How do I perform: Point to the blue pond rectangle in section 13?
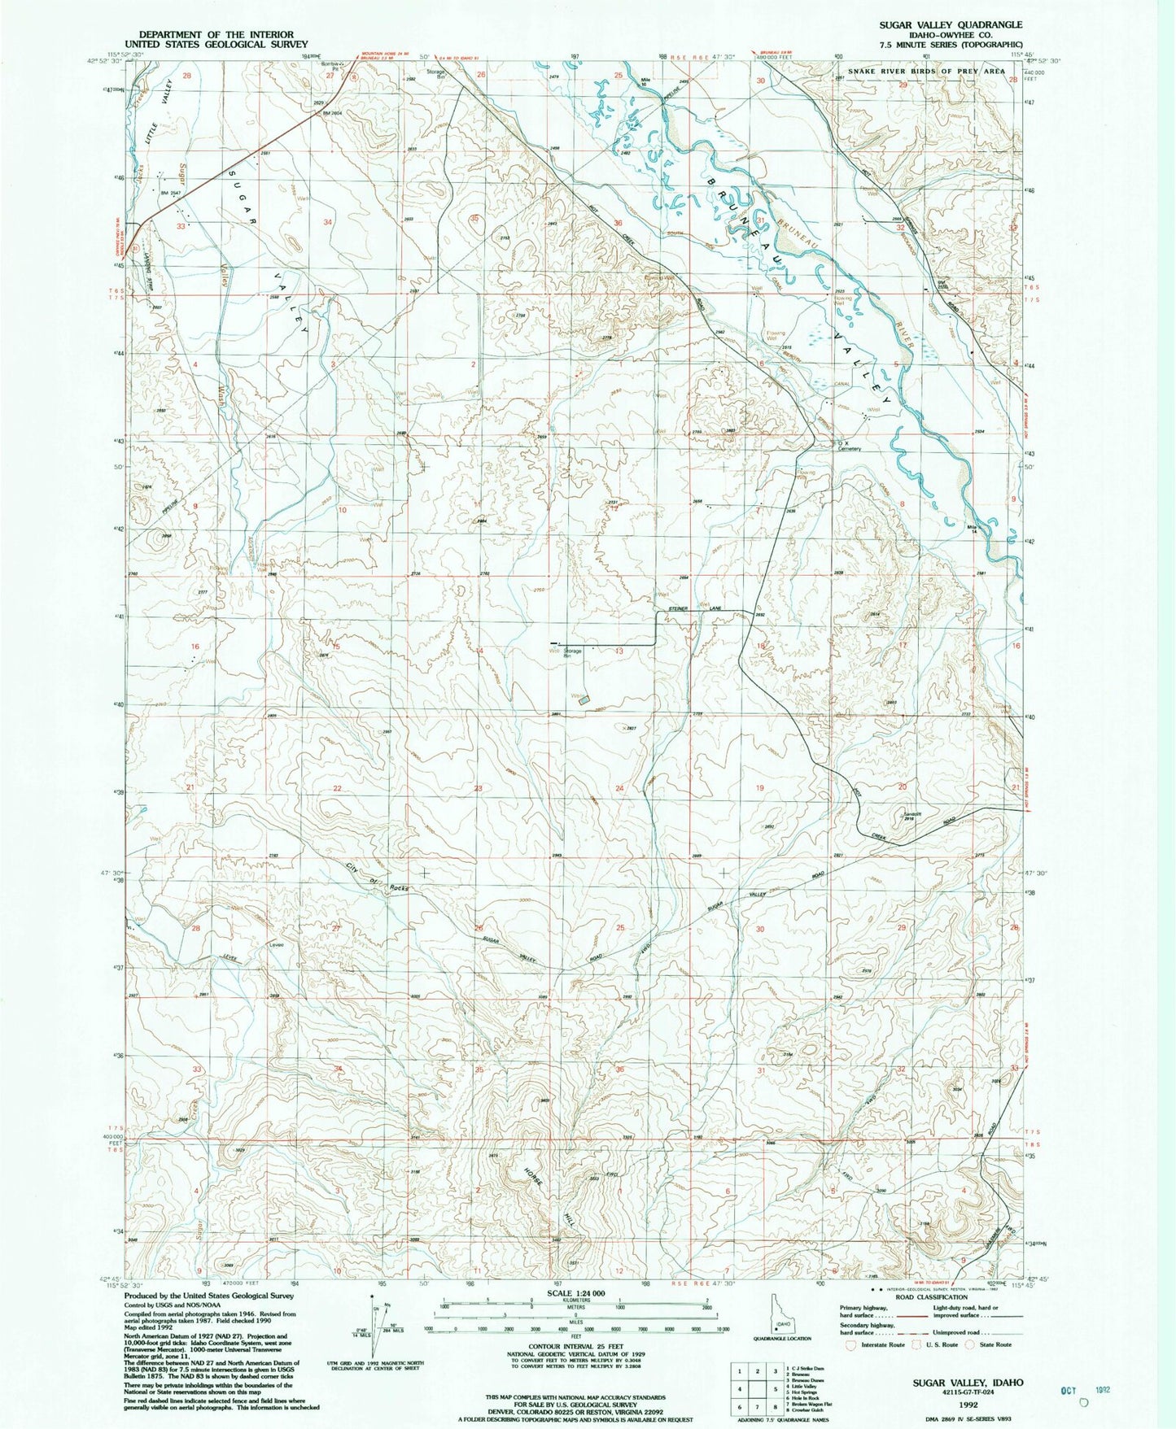(584, 699)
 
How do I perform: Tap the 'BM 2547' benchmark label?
(169, 193)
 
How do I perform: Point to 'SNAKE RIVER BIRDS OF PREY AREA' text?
(927, 72)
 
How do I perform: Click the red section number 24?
(619, 788)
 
